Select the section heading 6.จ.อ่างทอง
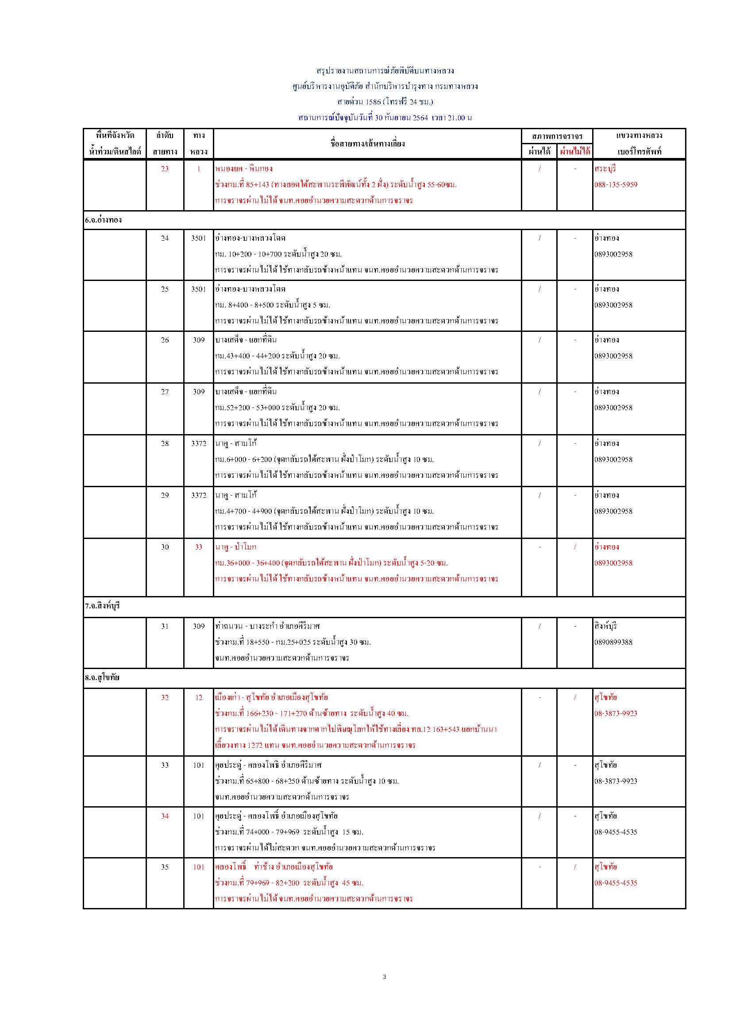tap(103, 220)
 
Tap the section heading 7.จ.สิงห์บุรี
tap(102, 606)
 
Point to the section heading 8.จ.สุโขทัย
tap(102, 677)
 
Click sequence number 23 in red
tap(165, 169)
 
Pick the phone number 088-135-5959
tap(616, 185)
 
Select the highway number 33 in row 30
tap(199, 547)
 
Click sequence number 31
tap(165, 626)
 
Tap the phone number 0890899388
tap(613, 642)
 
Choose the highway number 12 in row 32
tap(199, 697)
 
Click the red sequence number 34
tap(165, 816)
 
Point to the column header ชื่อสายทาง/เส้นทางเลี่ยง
tap(367, 144)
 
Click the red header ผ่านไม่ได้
tap(575, 151)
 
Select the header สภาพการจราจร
tap(557, 136)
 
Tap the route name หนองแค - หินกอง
tap(244, 169)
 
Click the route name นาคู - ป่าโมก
tap(236, 547)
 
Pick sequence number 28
tap(165, 443)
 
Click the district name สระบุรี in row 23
tap(605, 169)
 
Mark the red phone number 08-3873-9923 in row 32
tap(616, 713)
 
